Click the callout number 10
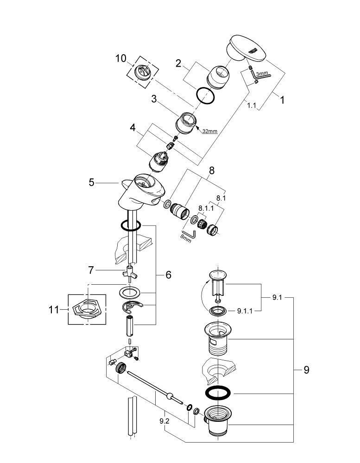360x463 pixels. tap(120, 58)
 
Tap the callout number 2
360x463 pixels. tap(178, 63)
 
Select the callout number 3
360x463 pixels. tap(154, 99)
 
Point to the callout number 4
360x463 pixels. tap(133, 128)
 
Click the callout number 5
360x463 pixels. tap(92, 182)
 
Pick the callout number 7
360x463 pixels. tap(91, 270)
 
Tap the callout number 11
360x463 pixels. tap(54, 310)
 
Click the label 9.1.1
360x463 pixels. tap(245, 311)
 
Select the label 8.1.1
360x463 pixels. tap(206, 208)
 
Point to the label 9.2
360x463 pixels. tap(164, 421)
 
